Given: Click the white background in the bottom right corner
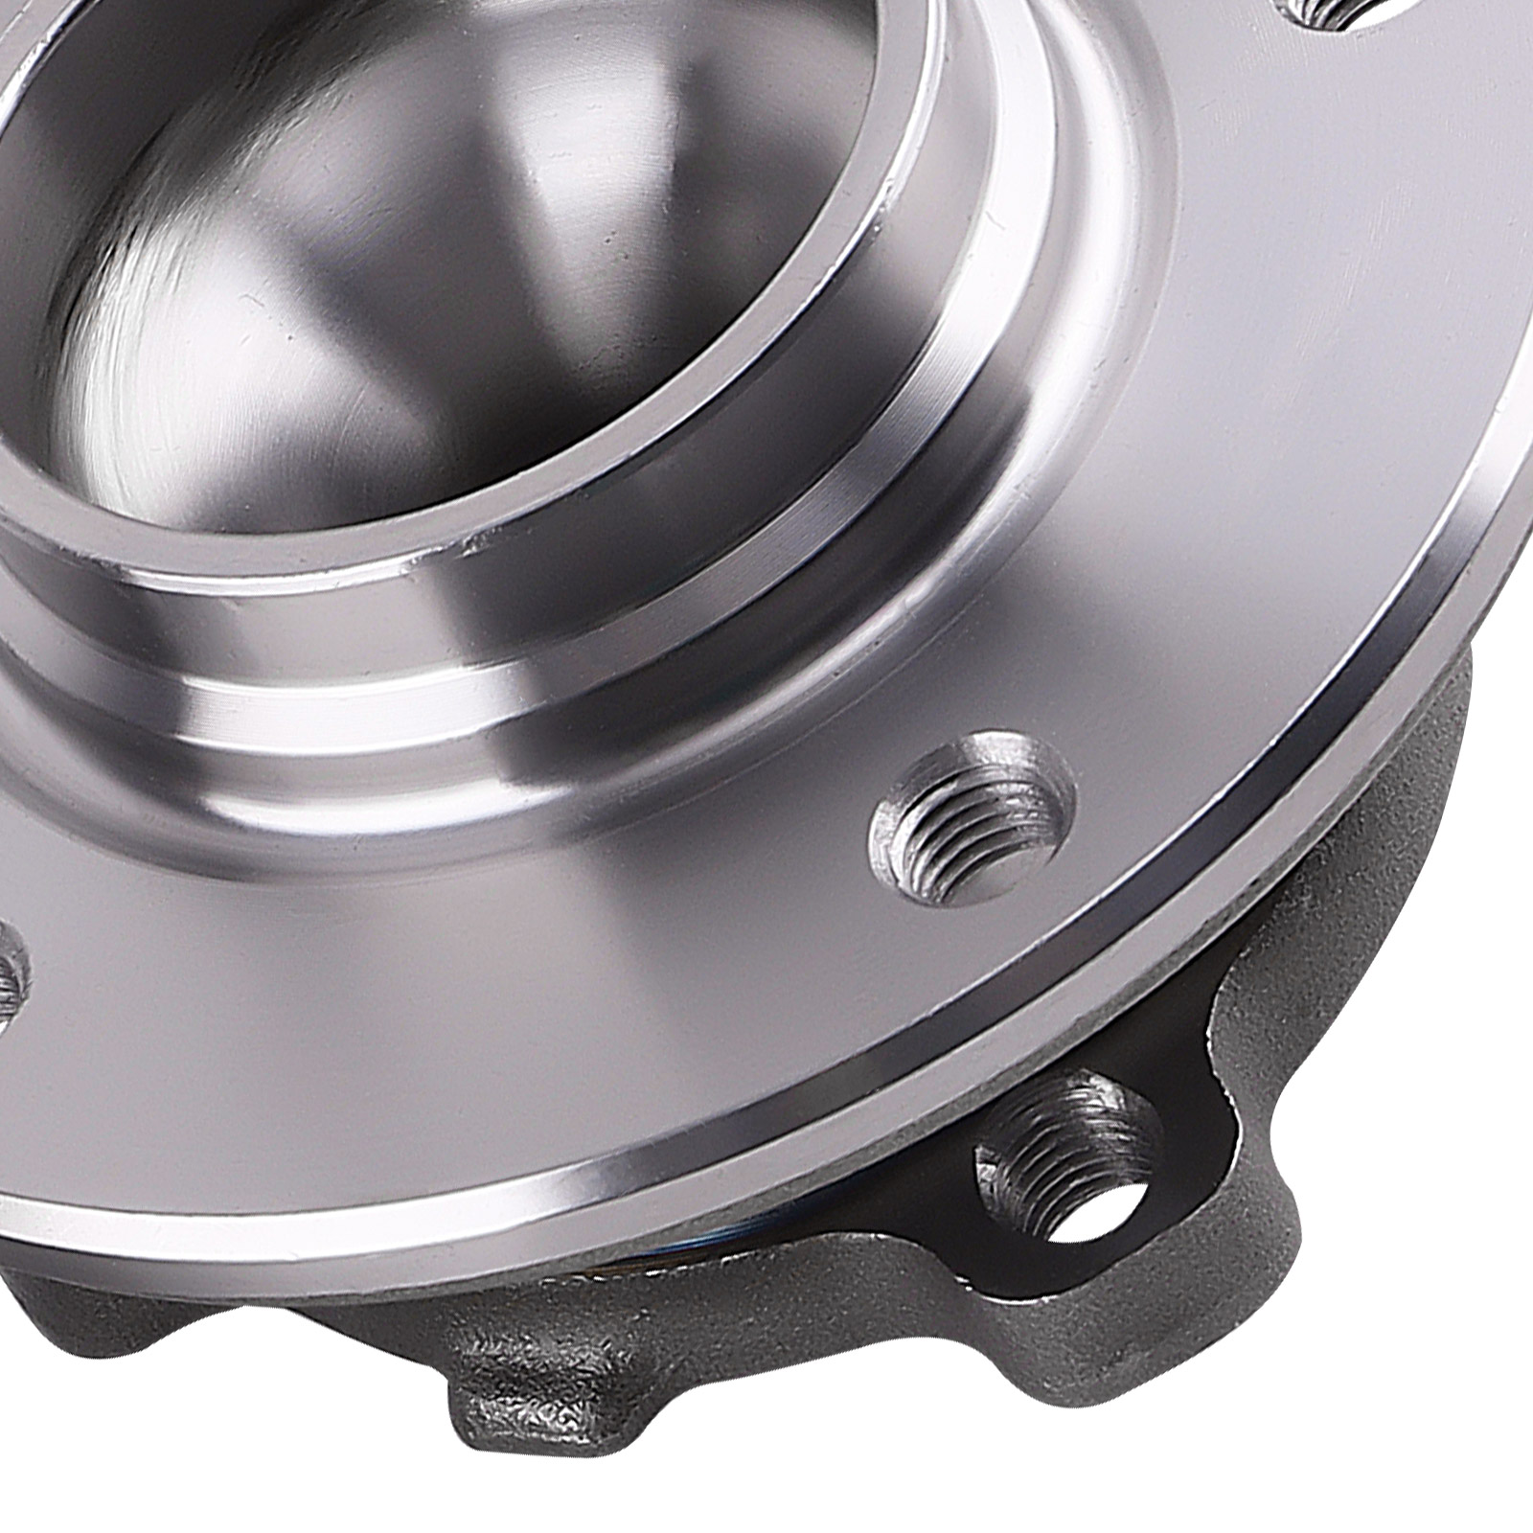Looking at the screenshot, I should [x=1437, y=1437].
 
